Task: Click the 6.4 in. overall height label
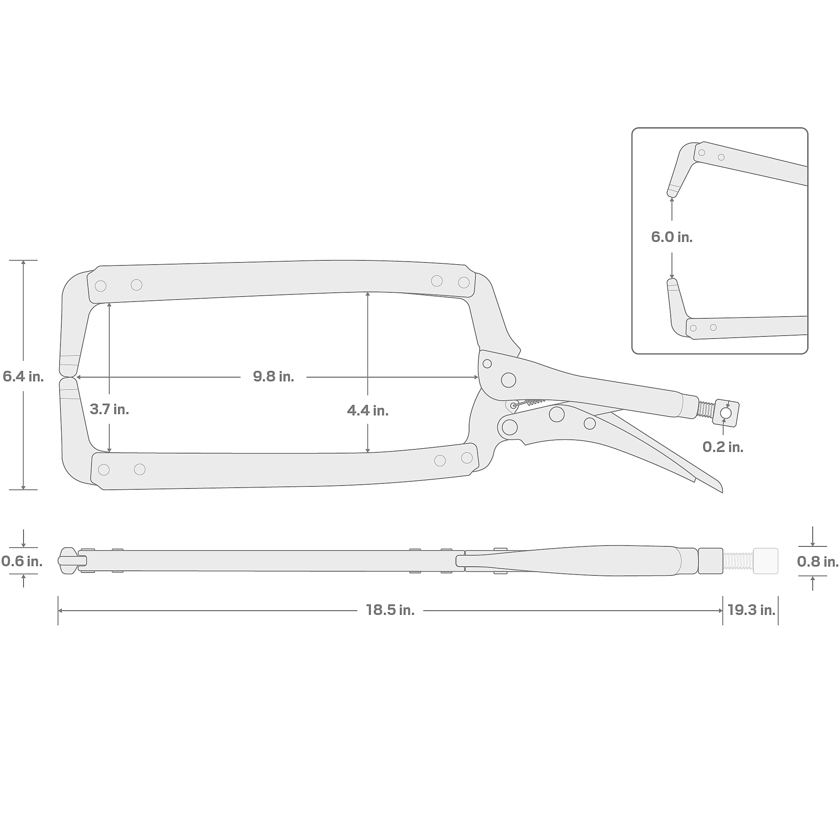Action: point(23,376)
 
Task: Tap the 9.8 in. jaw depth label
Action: point(273,376)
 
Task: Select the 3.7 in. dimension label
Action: point(109,409)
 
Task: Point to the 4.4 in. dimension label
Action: point(367,410)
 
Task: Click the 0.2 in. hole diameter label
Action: point(723,447)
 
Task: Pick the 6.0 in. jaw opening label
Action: point(672,237)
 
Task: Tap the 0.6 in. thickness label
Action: point(22,561)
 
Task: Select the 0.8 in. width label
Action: point(817,562)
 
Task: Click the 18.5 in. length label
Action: point(390,610)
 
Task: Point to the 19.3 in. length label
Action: point(751,610)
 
